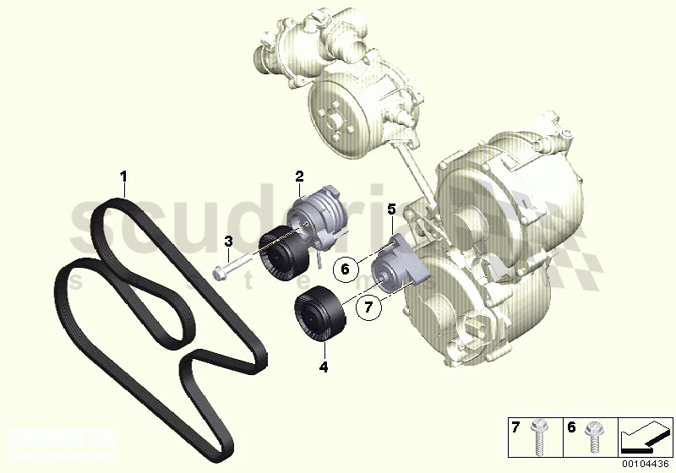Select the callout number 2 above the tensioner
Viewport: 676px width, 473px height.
coord(299,176)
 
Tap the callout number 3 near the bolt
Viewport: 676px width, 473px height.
coord(228,242)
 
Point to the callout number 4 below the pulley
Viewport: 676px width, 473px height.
coord(323,367)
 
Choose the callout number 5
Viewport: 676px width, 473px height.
coord(390,208)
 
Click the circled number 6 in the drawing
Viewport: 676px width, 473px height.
coord(343,270)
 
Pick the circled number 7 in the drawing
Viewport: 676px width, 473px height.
coord(368,308)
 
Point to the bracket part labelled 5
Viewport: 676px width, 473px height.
coord(401,262)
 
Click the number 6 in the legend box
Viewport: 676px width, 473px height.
coord(572,429)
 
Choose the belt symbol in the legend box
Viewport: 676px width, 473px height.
coord(646,439)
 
